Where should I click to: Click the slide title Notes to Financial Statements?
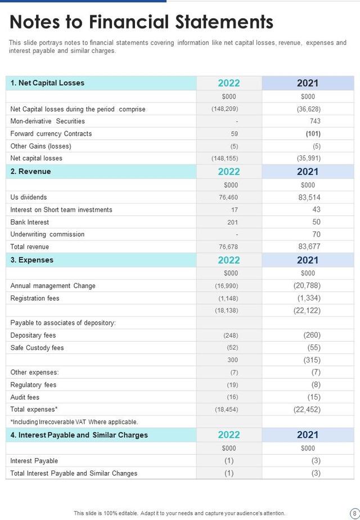tap(141, 22)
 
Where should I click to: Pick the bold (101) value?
tap(313, 134)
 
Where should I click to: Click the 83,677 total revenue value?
tap(309, 246)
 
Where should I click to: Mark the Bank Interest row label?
tap(30, 222)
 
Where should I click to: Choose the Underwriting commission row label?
tap(47, 235)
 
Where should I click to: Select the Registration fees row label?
tap(35, 298)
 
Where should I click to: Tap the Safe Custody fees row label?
tap(37, 348)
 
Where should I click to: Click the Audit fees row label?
tap(25, 397)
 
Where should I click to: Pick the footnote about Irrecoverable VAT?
tap(74, 422)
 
